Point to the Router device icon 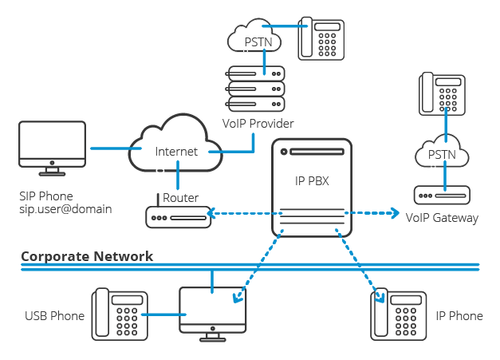coord(175,216)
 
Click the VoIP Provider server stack coord(254,88)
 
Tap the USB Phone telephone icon coord(120,315)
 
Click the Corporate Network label coord(87,256)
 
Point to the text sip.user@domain coord(65,209)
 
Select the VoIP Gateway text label coord(442,218)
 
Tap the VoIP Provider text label coord(258,124)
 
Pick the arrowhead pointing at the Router coord(211,213)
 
